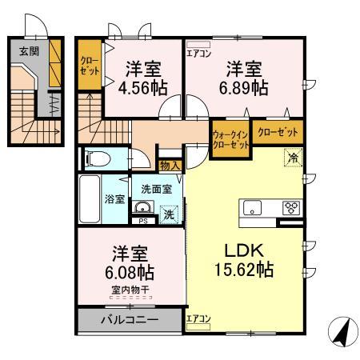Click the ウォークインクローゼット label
pos(230,140)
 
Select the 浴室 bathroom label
pos(114,198)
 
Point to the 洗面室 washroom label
pos(156,190)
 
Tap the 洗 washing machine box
pos(168,214)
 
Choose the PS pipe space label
pos(143,222)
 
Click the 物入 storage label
pos(169,166)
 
